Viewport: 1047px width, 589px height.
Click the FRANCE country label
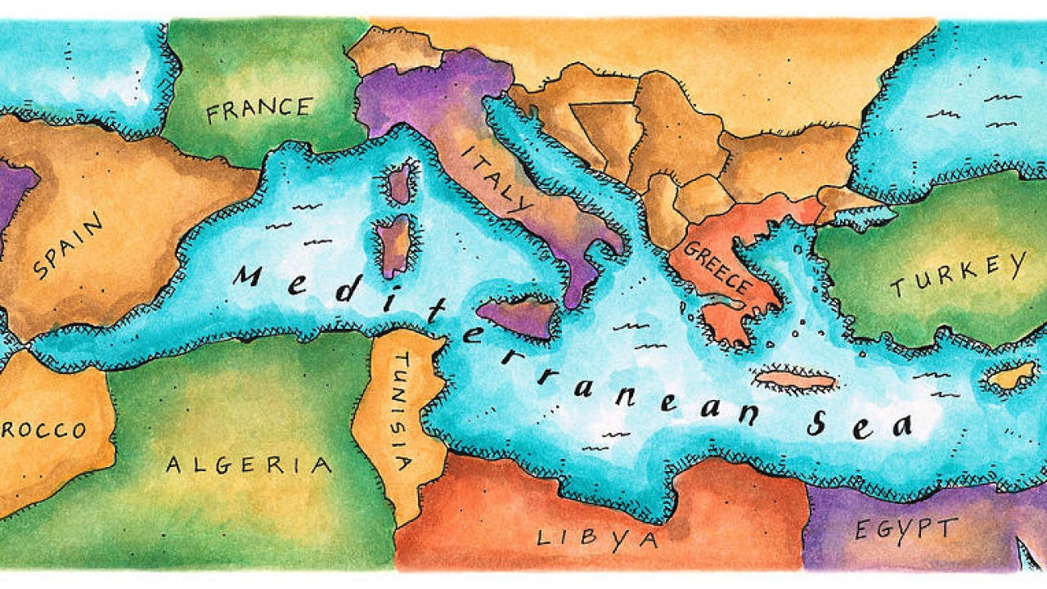pos(258,110)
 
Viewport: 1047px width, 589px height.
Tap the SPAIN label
pos(69,245)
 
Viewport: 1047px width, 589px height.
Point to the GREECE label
pos(717,268)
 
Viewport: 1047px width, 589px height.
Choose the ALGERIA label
pos(249,465)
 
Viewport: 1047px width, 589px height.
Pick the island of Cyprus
pos(1011,376)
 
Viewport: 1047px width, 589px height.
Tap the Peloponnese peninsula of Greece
pos(724,321)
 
